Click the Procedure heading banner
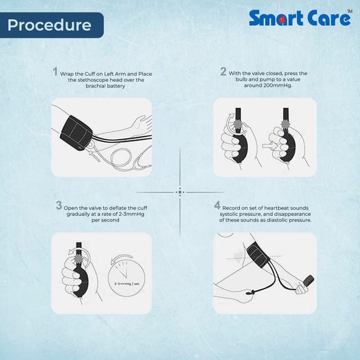click(52, 25)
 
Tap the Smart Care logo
click(300, 18)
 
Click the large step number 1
click(55, 72)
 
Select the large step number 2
click(223, 72)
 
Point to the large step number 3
click(59, 205)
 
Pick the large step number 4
click(217, 205)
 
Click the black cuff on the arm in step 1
click(77, 133)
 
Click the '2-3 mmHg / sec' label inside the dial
click(127, 283)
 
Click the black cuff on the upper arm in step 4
click(258, 253)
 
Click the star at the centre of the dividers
click(180, 192)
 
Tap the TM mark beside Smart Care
click(349, 11)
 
